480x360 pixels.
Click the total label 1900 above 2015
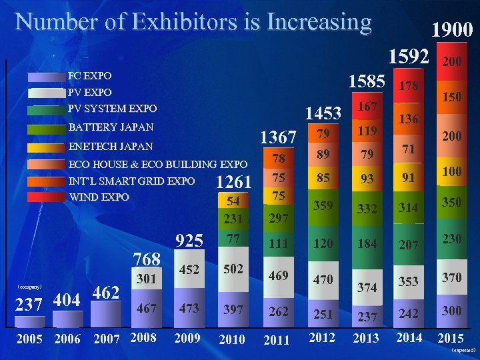pyautogui.click(x=452, y=29)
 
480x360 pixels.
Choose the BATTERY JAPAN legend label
pyautogui.click(x=111, y=127)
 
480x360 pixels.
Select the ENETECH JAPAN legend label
pyautogui.click(x=111, y=146)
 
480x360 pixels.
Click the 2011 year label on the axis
pyautogui.click(x=277, y=340)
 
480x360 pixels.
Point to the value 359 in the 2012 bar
pyautogui.click(x=323, y=207)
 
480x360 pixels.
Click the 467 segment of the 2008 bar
pyautogui.click(x=147, y=309)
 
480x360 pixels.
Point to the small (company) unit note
pyautogui.click(x=29, y=287)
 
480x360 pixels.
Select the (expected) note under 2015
pyautogui.click(x=463, y=349)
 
